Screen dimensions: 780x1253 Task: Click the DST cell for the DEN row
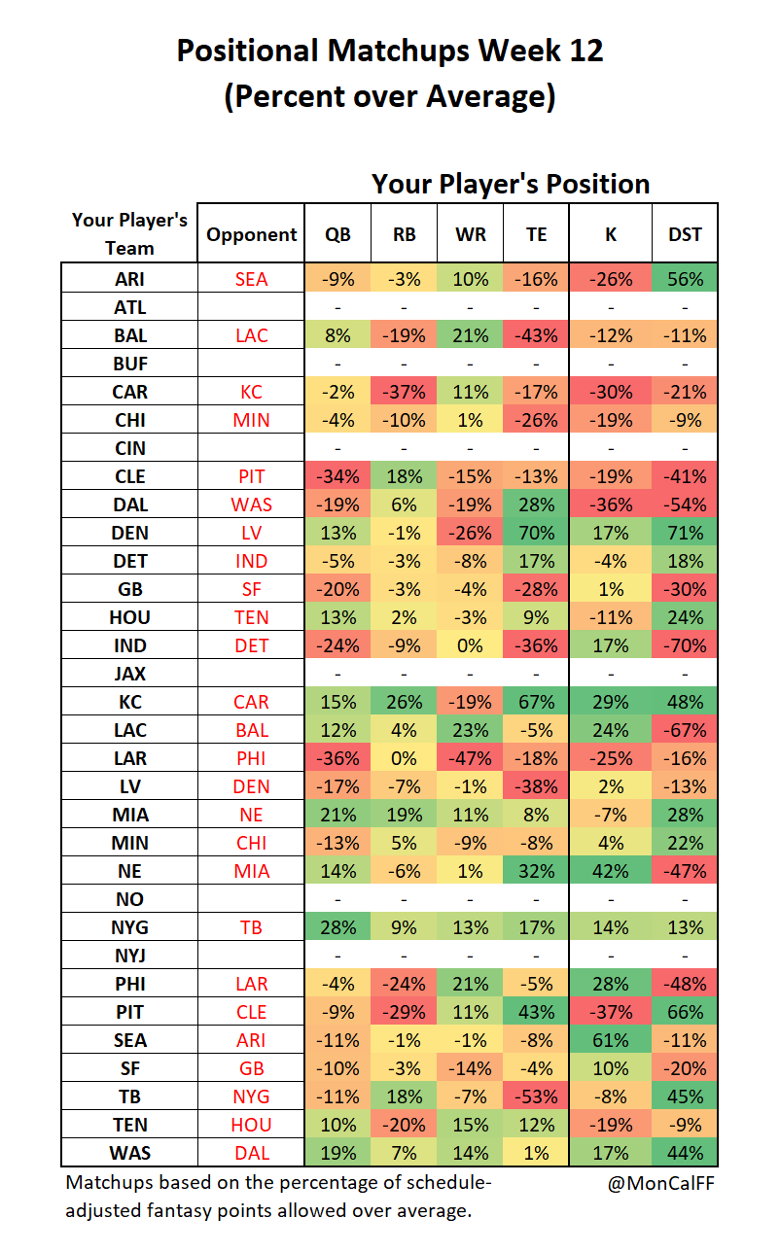[x=685, y=533]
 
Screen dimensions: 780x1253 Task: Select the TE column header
[x=536, y=234]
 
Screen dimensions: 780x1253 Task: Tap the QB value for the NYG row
[x=337, y=927]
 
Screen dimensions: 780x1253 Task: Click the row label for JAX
[x=129, y=674]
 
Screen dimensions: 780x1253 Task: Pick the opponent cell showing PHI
[x=251, y=758]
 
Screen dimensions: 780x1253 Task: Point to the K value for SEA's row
[x=611, y=1040]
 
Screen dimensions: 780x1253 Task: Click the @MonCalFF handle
[x=660, y=1183]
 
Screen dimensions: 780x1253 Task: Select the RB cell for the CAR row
[x=404, y=392]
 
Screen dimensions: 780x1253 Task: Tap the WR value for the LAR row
[x=470, y=758]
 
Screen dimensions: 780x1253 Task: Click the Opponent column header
[x=251, y=234]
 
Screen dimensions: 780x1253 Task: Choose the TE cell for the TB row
[x=536, y=1096]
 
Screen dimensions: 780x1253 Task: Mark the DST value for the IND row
[x=685, y=645]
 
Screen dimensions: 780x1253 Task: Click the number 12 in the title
[x=586, y=51]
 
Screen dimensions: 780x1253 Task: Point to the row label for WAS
[x=129, y=1153]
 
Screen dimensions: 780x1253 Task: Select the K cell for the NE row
[x=611, y=871]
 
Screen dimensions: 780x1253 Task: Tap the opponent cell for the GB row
[x=251, y=589]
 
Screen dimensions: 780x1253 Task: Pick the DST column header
[x=685, y=234]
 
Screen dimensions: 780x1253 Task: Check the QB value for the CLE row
[x=337, y=476]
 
